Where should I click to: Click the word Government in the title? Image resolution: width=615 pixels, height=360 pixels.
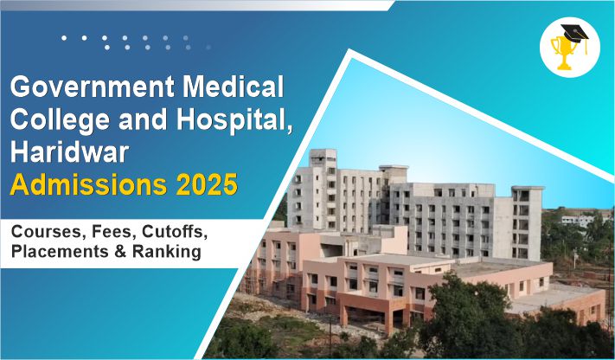[93, 87]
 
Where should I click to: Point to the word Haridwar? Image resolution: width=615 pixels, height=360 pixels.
[69, 152]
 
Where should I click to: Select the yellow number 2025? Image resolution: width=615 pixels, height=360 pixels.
[207, 184]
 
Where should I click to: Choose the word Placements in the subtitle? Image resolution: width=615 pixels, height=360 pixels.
[61, 252]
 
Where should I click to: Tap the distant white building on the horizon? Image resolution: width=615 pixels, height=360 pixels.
[577, 221]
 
